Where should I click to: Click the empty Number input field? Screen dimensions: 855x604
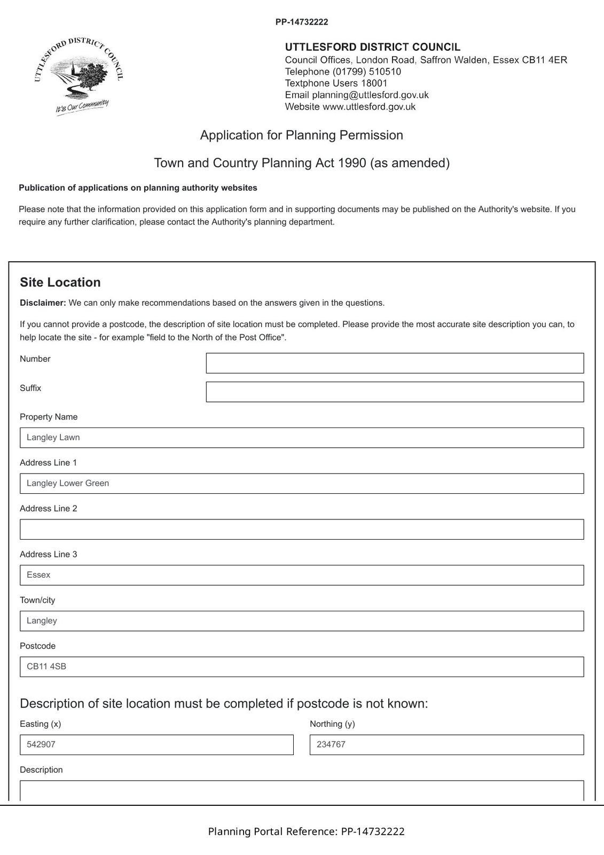[395, 363]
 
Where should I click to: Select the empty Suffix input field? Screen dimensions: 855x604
[395, 392]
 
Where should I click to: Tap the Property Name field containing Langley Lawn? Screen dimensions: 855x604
[302, 438]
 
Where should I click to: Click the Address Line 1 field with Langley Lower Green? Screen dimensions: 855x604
[302, 484]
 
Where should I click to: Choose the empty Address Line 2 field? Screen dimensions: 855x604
[302, 530]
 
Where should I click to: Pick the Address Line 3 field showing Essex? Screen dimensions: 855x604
[302, 575]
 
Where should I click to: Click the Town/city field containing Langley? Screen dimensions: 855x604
[302, 621]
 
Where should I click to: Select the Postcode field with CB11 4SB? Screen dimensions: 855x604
[302, 667]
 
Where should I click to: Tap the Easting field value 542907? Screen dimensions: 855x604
[156, 745]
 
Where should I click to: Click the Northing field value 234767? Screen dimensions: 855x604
[446, 745]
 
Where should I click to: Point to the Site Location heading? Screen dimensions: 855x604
[60, 283]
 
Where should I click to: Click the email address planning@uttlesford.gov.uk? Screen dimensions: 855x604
[370, 95]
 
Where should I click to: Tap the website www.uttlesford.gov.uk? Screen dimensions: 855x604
[369, 107]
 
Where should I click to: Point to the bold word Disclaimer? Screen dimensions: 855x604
[43, 303]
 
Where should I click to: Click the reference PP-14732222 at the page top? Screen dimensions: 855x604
[302, 22]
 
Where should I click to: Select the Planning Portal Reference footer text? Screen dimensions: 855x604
[306, 831]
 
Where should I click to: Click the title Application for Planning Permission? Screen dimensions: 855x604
[302, 135]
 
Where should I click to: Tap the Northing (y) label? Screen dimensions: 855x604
[332, 724]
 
